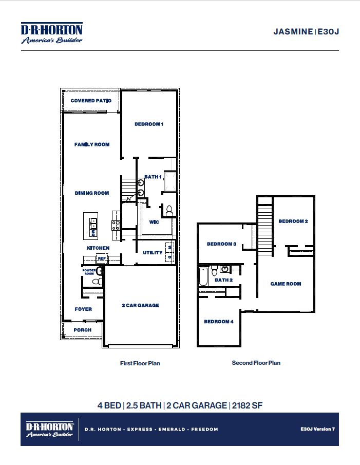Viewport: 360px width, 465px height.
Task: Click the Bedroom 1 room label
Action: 149,124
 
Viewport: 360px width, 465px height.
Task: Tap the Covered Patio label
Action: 91,101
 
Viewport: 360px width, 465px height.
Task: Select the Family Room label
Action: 92,144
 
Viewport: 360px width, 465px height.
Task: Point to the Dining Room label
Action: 92,193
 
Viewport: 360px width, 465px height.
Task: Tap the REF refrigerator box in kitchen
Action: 102,258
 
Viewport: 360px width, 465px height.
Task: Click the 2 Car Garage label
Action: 140,305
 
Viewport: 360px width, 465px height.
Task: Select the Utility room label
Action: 153,253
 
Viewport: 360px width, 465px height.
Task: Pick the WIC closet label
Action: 154,222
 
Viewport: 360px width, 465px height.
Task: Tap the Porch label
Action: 83,330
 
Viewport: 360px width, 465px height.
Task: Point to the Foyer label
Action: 83,309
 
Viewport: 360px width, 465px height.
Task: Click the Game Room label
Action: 286,284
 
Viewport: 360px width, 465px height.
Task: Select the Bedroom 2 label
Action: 293,221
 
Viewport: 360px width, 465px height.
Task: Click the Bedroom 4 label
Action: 219,322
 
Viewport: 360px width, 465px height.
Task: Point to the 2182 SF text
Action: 247,405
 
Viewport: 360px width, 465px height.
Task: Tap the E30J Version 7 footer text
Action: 317,429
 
